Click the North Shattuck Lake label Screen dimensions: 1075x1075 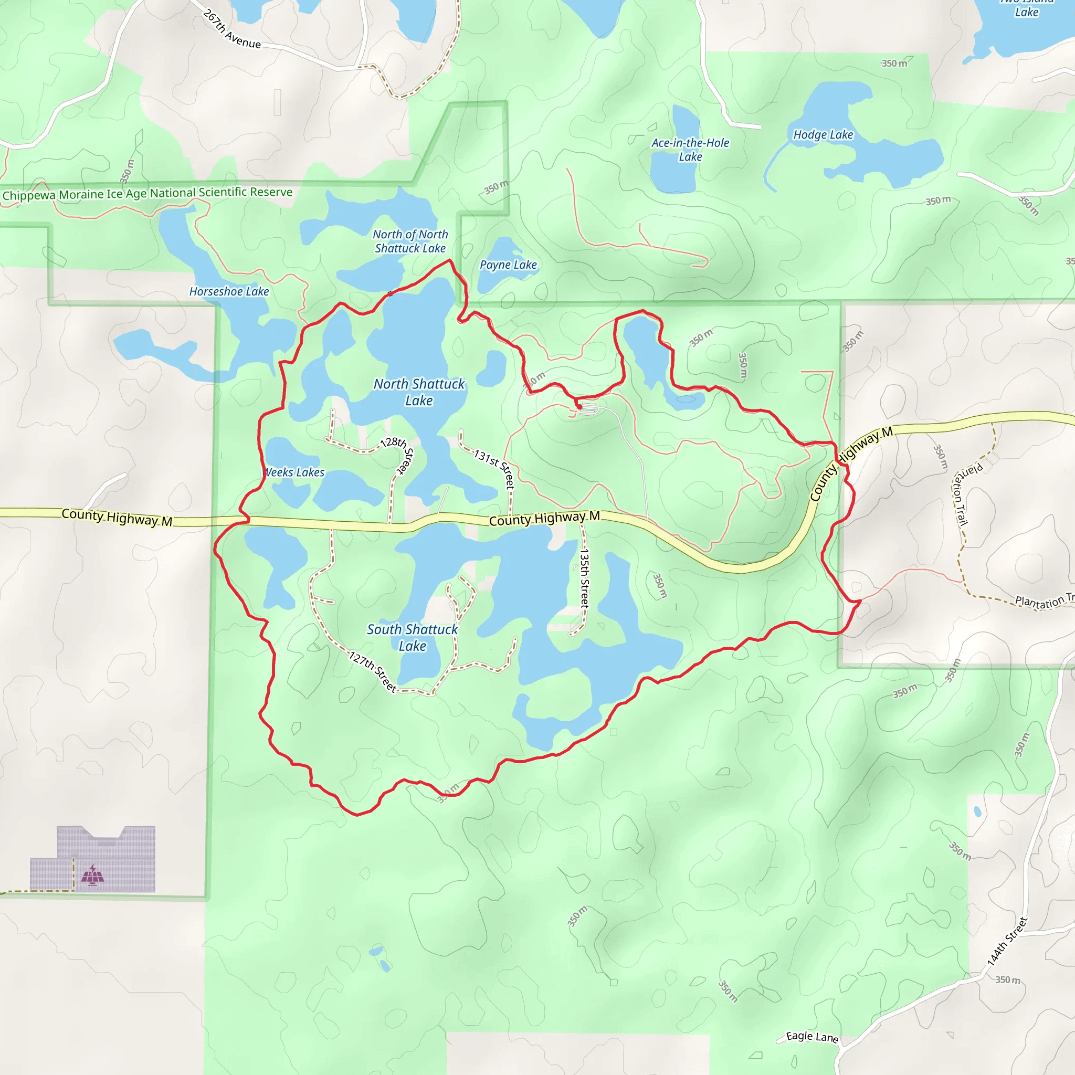pos(418,392)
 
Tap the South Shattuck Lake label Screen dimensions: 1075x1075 pos(412,637)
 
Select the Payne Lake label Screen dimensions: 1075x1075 pos(508,265)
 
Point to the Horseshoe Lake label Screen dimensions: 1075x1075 pos(229,291)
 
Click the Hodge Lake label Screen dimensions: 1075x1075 pos(823,135)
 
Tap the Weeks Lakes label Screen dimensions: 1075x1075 pos(294,472)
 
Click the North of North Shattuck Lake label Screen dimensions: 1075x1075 pos(410,241)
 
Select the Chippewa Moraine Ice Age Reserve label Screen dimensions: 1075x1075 pos(147,193)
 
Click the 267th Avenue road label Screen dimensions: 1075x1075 pos(231,29)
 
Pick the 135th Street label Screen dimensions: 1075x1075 pos(584,577)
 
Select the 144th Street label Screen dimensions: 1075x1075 pos(1007,942)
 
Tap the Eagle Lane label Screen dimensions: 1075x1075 pos(812,1037)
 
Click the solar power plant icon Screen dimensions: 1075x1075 pos(92,874)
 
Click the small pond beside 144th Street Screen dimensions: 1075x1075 pos(977,812)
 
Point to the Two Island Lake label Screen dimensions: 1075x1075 pos(1027,9)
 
